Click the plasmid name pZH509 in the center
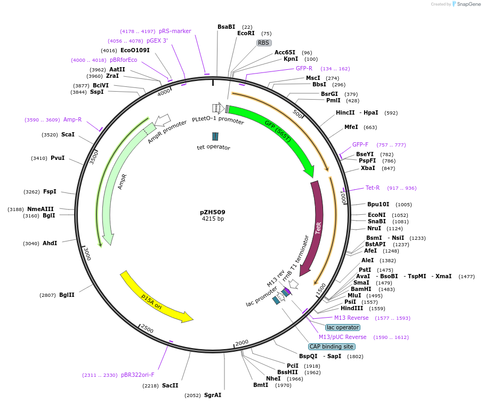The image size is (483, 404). tap(213, 212)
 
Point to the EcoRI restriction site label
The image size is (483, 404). tap(246, 33)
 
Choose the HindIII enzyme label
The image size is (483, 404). tap(352, 308)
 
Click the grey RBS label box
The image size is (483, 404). tap(264, 43)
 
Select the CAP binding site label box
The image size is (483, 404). tap(332, 346)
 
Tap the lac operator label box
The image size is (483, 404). tap(343, 327)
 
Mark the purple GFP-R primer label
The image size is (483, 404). tap(304, 68)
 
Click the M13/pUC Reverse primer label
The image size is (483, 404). tap(342, 337)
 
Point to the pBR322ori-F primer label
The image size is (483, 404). tap(138, 375)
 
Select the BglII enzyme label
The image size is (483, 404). tap(67, 295)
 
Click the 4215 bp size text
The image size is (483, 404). tap(213, 219)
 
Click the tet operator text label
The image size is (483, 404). tap(213, 147)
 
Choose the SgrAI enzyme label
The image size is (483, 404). tap(212, 395)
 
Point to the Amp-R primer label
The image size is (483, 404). tap(73, 119)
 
